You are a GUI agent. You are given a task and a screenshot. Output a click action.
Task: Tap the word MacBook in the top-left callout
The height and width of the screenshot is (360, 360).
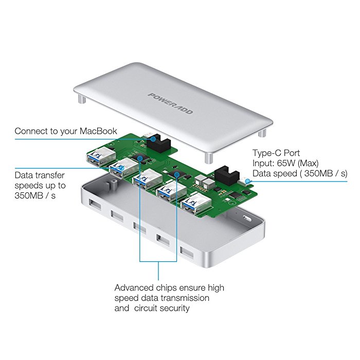point(98,131)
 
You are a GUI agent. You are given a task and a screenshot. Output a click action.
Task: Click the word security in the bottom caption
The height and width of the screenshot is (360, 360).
point(173,308)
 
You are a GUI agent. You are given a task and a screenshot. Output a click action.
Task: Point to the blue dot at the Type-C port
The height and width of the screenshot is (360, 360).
point(248,181)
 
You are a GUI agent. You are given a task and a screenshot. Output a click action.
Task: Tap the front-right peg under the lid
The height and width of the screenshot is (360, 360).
point(208,157)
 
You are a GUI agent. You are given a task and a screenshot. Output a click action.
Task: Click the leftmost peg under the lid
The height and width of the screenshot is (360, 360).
point(81,98)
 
